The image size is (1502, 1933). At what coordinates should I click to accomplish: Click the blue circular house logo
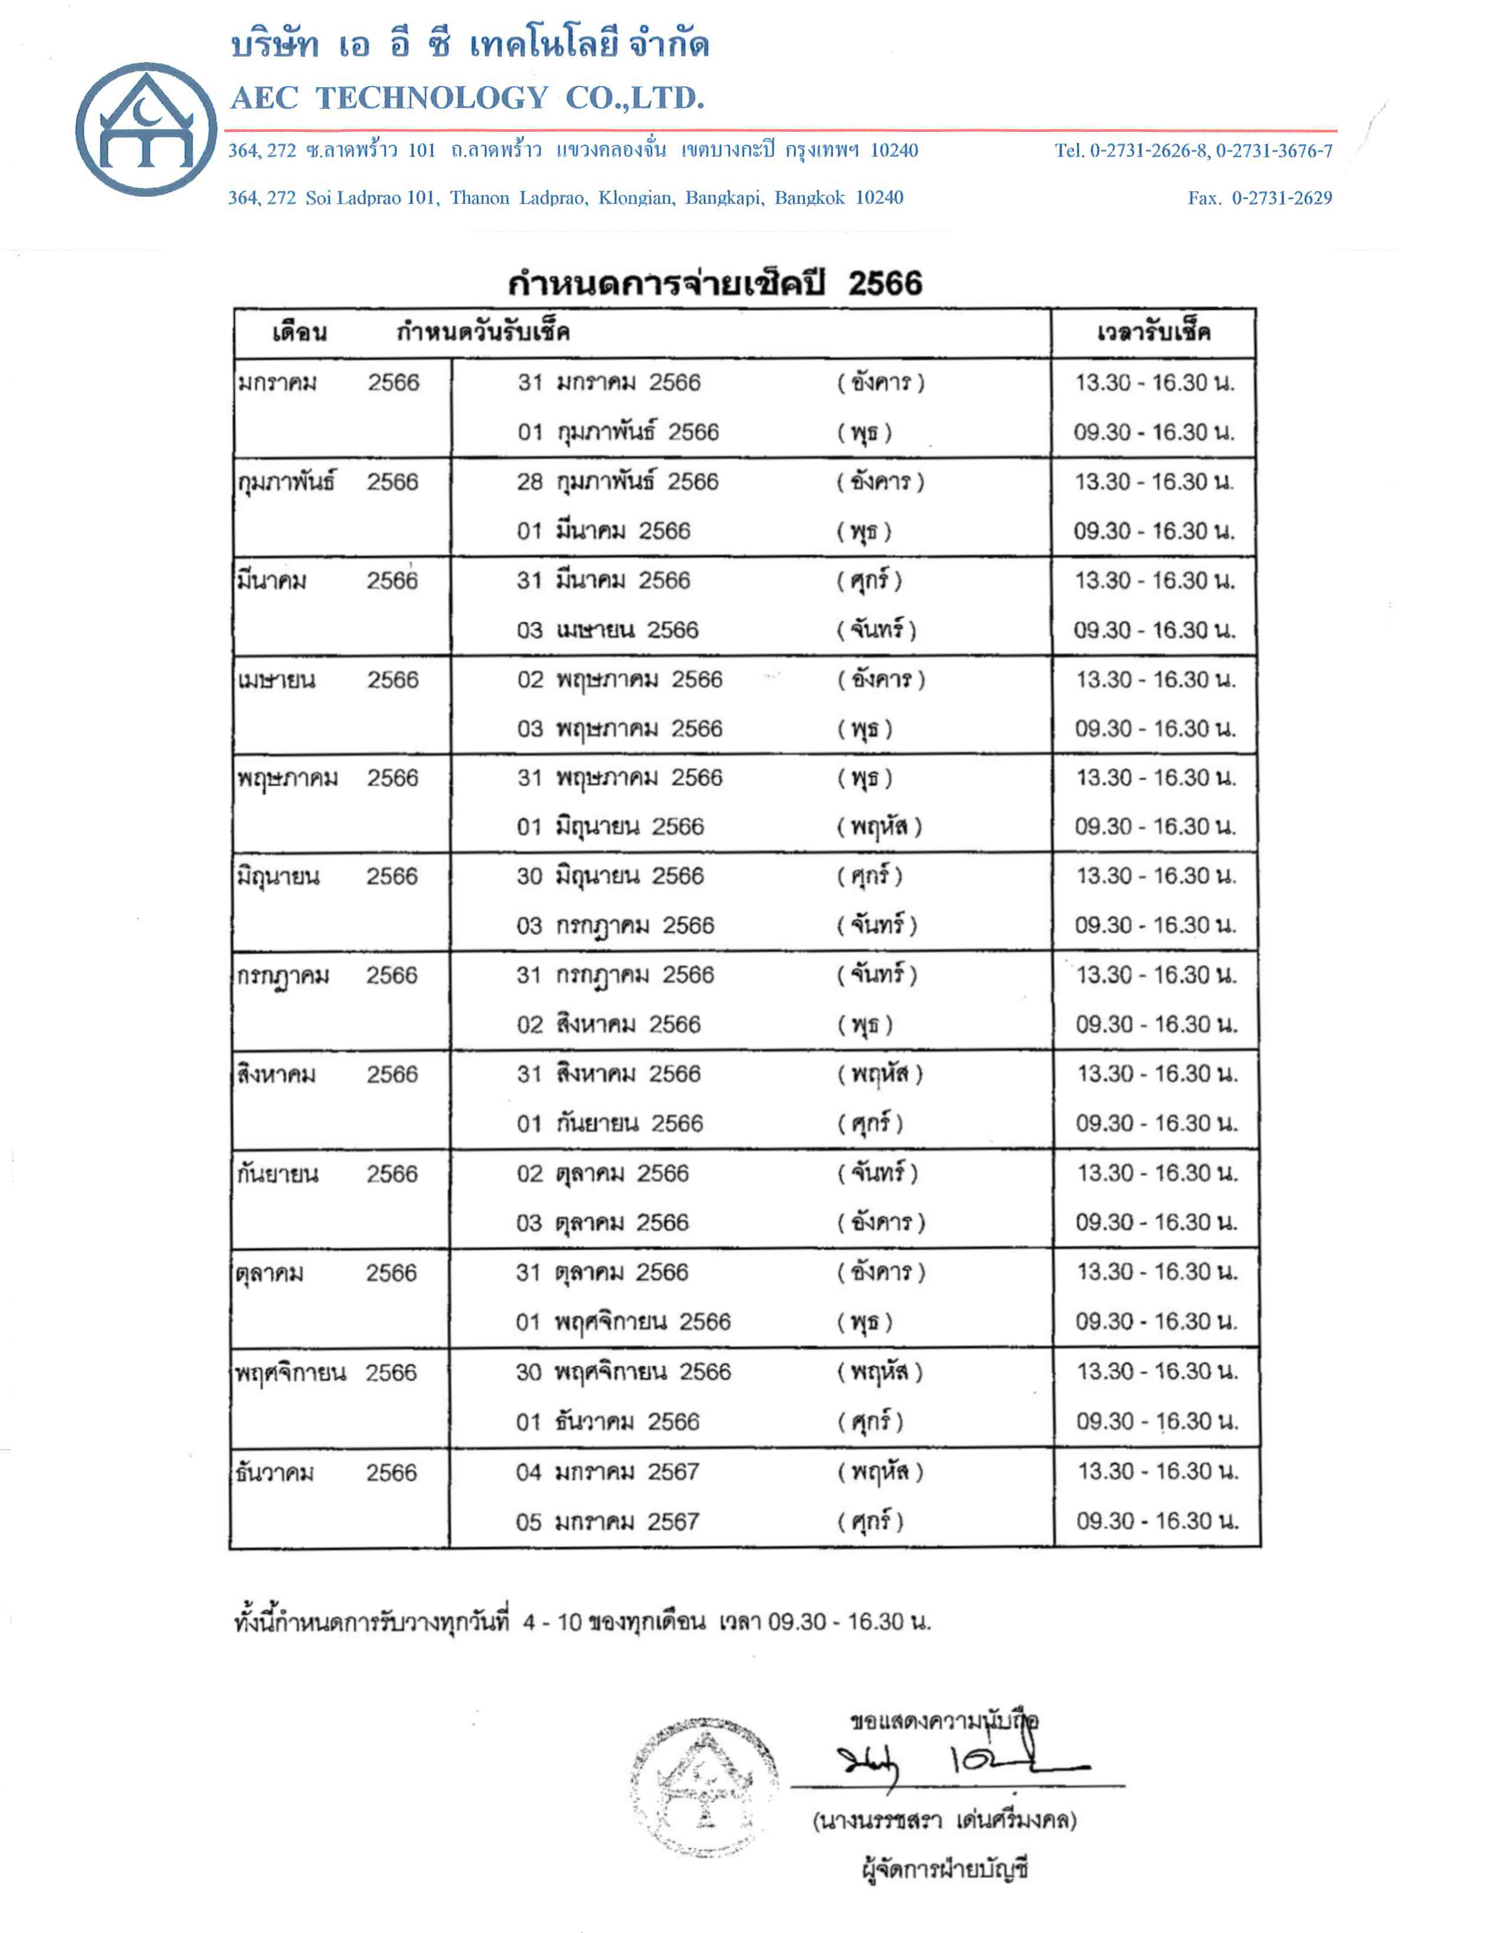tap(146, 129)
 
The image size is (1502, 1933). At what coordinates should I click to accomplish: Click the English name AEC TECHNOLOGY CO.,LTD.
tap(467, 97)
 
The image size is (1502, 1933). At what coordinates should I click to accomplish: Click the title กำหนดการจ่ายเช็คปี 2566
tap(714, 283)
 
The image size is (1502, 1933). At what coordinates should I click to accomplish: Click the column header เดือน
tap(299, 333)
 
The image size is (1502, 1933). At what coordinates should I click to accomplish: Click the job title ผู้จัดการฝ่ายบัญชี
tap(944, 1869)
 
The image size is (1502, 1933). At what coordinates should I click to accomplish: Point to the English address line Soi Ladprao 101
tap(565, 197)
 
